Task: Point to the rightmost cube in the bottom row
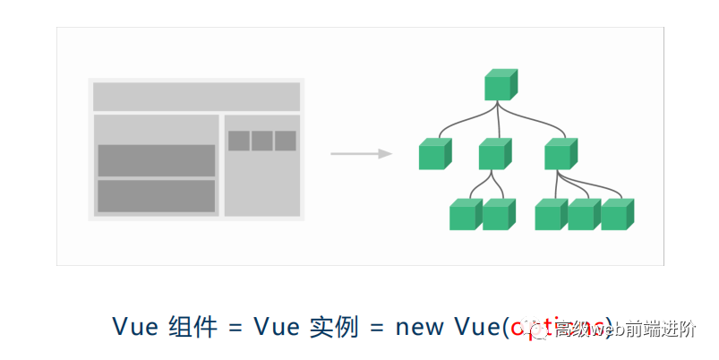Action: pos(617,215)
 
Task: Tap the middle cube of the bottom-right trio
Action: pos(584,215)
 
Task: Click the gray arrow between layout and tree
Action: pos(362,154)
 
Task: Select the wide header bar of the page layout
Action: pos(196,97)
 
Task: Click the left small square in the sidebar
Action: pos(238,141)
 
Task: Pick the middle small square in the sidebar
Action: pos(261,141)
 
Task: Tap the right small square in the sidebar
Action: pos(285,141)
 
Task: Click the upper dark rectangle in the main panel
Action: pos(156,160)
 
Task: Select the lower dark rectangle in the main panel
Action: pos(156,196)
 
